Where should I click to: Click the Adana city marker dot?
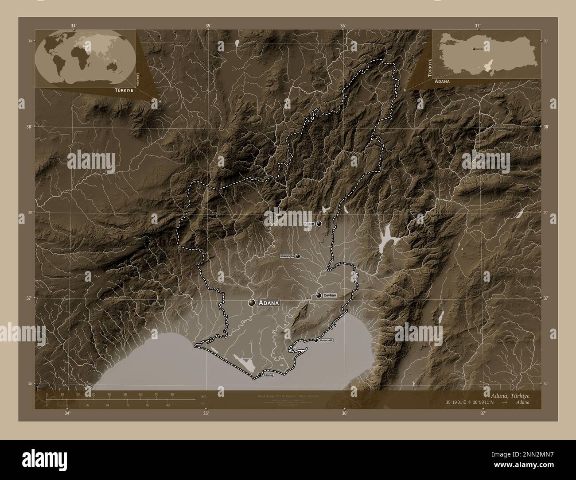point(252,302)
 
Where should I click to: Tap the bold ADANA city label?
point(270,303)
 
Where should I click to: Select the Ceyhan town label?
point(330,295)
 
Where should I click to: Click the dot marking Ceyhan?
point(319,295)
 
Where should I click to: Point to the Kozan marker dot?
point(319,224)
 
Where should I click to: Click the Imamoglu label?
point(287,256)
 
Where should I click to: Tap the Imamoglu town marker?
point(298,256)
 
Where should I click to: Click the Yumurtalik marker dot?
point(315,341)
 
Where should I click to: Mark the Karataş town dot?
point(260,375)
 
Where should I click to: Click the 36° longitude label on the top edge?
point(342,26)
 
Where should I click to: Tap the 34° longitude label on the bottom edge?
point(67,414)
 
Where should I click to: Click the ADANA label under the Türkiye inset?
point(443,82)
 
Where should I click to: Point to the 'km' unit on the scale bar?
point(204,396)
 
